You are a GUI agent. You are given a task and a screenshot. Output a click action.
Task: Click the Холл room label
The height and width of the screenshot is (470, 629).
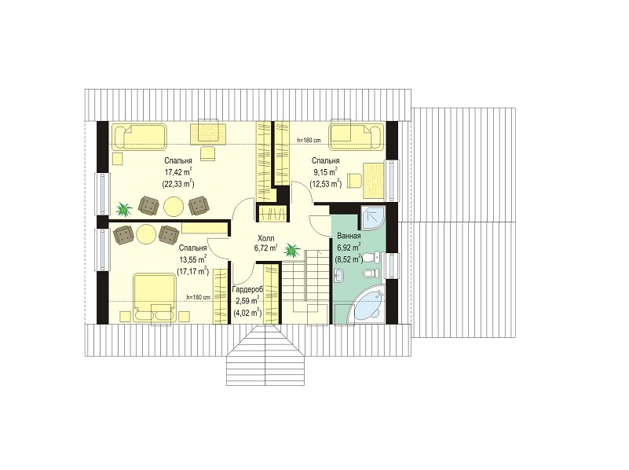click(x=266, y=238)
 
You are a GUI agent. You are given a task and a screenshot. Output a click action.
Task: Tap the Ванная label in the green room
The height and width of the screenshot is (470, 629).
click(x=349, y=236)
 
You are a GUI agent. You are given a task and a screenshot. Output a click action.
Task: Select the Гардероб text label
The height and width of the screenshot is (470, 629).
click(x=248, y=289)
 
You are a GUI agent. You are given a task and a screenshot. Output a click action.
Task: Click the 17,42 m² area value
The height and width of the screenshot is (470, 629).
click(x=177, y=173)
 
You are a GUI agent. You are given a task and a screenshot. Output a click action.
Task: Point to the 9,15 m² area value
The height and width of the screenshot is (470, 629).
click(x=325, y=173)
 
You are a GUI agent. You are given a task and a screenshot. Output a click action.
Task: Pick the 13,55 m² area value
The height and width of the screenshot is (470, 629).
click(x=193, y=259)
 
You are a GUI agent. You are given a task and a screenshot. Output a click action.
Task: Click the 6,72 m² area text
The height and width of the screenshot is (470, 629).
click(x=265, y=248)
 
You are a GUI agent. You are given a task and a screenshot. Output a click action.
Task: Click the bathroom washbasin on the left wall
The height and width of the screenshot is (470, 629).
click(x=339, y=275)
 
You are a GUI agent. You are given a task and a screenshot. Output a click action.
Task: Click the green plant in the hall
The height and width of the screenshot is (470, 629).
click(x=292, y=250)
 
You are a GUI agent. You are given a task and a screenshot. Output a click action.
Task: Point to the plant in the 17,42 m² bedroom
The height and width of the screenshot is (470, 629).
click(x=123, y=209)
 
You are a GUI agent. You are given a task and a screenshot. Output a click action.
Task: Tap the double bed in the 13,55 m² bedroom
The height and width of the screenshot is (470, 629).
click(x=155, y=297)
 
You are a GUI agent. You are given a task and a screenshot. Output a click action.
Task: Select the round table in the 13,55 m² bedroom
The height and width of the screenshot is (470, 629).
click(x=146, y=233)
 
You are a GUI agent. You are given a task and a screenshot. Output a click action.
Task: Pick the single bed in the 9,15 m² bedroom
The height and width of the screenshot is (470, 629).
click(x=357, y=137)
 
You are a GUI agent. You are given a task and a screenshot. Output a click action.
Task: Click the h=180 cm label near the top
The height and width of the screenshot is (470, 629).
click(x=309, y=140)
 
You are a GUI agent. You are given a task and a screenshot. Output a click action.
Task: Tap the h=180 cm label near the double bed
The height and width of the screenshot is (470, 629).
click(x=198, y=297)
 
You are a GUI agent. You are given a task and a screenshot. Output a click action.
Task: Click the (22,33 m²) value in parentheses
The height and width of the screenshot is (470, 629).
click(x=178, y=184)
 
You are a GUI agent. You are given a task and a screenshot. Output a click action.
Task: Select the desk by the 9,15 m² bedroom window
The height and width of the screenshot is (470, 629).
click(x=374, y=180)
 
